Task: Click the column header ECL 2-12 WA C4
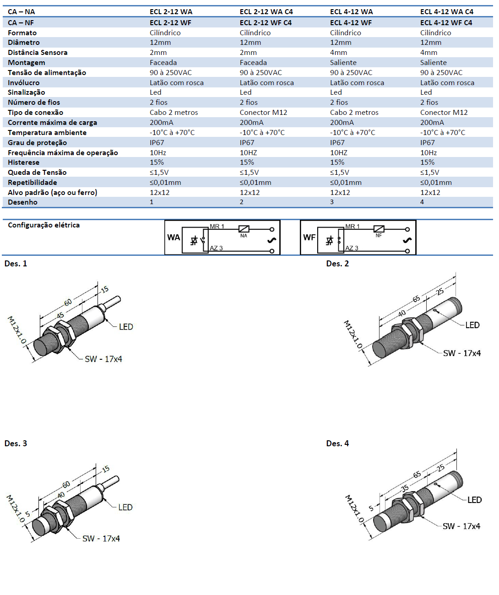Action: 266,12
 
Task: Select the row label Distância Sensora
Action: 38,53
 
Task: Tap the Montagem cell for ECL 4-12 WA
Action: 343,63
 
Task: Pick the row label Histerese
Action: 23,162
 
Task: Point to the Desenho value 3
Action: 332,202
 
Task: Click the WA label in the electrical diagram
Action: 174,238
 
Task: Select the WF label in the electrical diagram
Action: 309,238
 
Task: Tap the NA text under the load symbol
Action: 244,236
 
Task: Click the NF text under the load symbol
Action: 379,236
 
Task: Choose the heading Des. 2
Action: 337,264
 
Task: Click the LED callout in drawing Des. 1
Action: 126,327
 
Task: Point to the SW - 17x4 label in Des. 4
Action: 461,526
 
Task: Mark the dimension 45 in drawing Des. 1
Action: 60,316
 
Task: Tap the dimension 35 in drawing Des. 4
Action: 405,488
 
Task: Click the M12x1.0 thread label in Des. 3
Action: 15,508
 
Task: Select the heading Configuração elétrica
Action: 43,225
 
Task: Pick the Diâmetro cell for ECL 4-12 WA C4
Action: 430,43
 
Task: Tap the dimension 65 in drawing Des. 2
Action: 416,299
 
